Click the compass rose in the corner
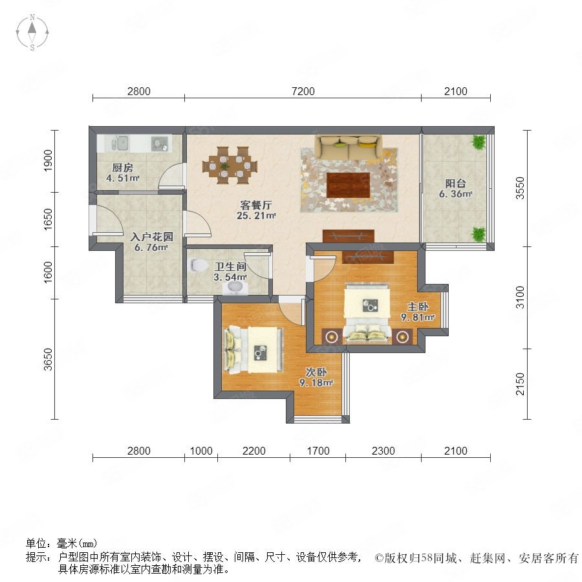(32, 32)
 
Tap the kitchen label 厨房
(122, 167)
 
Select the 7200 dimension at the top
(303, 91)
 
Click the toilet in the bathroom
(199, 264)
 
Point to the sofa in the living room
(349, 147)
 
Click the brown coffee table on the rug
(349, 185)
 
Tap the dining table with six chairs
(230, 165)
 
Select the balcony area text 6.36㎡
(456, 194)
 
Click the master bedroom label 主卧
(418, 307)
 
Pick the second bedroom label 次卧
(316, 372)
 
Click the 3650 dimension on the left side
(48, 360)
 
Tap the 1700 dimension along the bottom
(318, 451)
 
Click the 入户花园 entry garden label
(151, 237)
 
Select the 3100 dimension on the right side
(521, 297)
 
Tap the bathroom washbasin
(235, 288)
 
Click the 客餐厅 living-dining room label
(256, 205)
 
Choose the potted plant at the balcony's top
(479, 142)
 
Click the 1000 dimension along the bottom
(201, 451)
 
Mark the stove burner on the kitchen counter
(160, 144)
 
